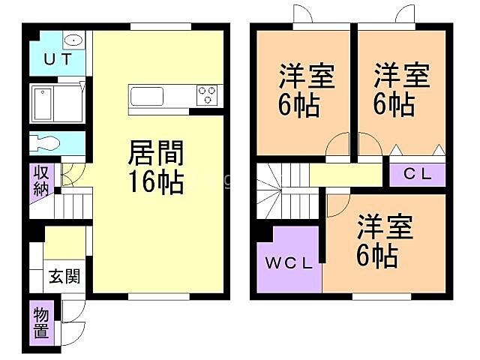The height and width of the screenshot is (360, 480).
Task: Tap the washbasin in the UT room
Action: tap(73, 40)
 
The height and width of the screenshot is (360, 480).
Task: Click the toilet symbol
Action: tap(47, 143)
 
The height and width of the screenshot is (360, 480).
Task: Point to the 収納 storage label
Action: tap(40, 181)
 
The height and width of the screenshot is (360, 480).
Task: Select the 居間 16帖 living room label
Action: tap(156, 168)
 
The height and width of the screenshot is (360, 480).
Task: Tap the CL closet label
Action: tap(417, 175)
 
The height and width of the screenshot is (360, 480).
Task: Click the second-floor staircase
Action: tap(279, 192)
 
